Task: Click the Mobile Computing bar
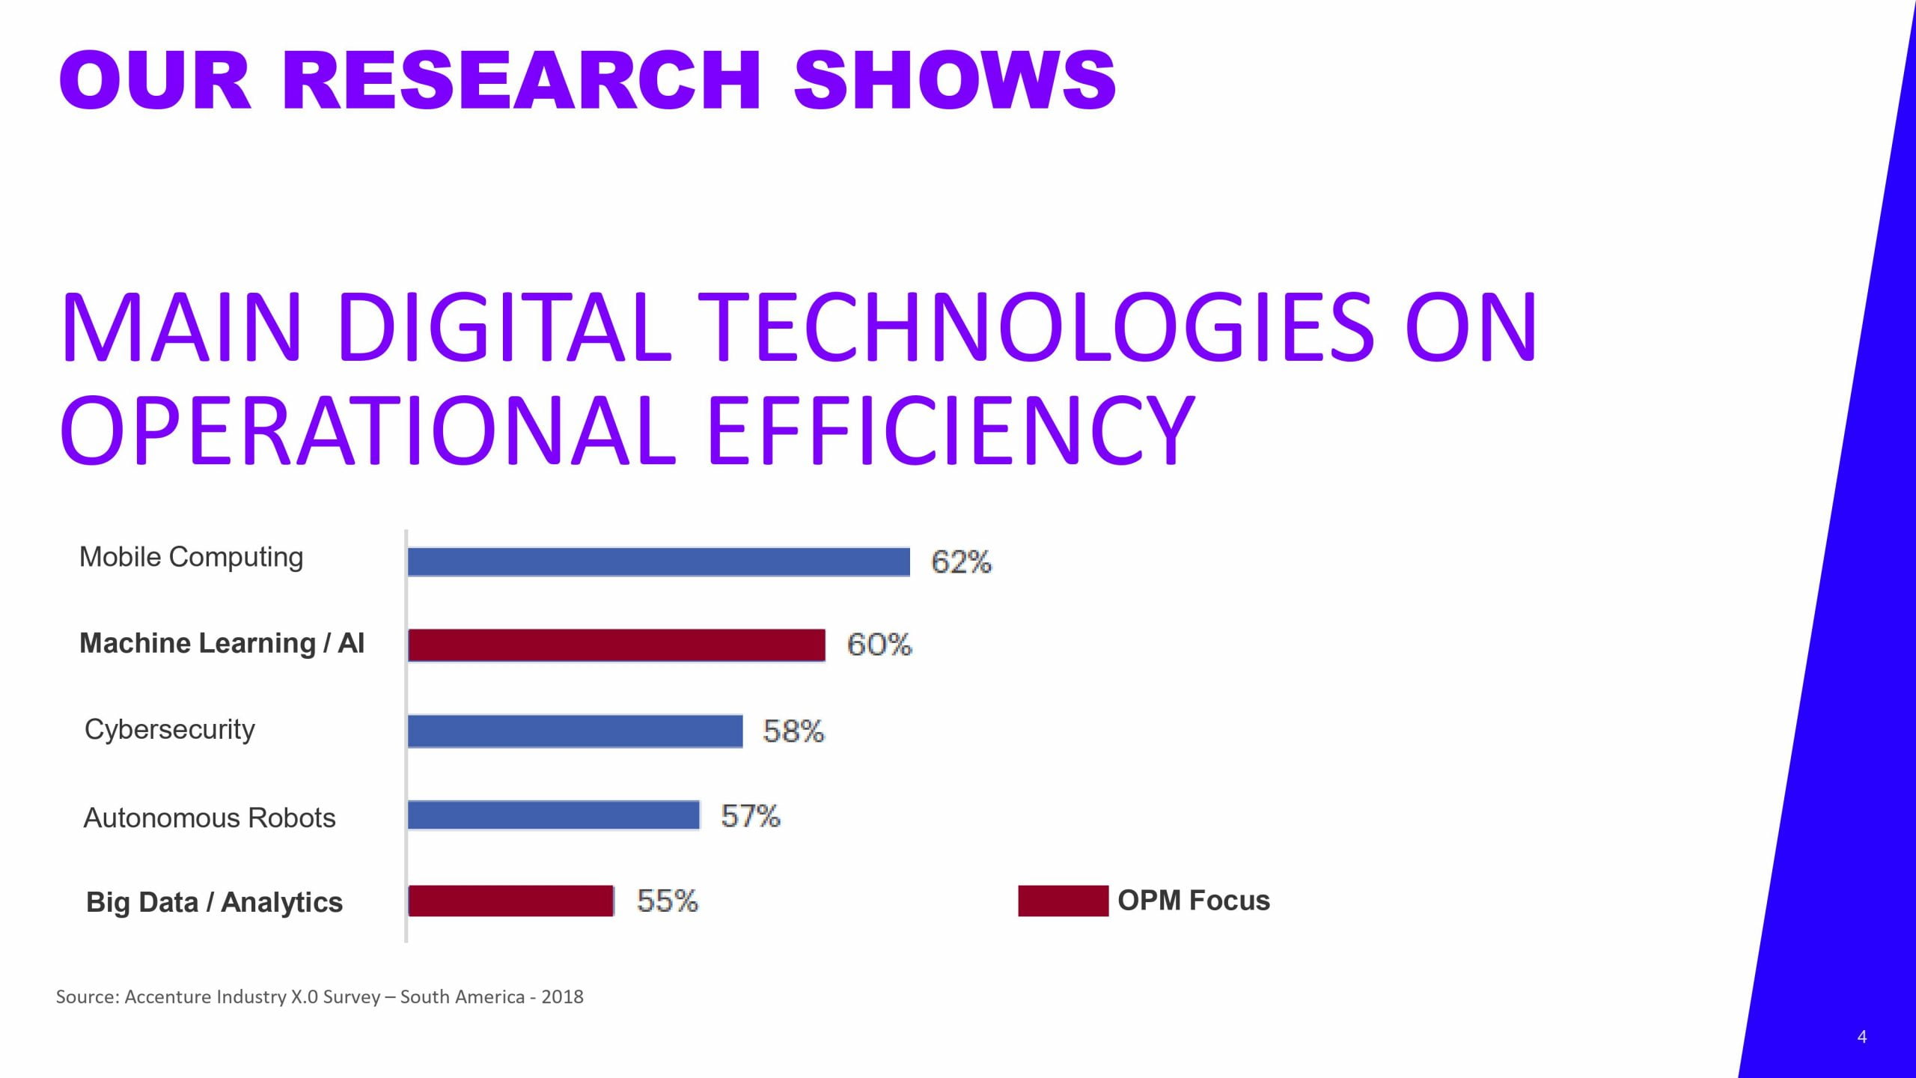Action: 659,562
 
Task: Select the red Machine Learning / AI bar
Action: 617,645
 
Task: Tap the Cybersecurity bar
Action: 575,731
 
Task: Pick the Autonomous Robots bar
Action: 553,815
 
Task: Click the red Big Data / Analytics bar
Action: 510,901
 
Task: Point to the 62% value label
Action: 961,562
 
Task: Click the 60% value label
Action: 879,645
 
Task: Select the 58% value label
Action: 793,731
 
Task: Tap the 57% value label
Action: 750,816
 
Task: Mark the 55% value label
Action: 667,901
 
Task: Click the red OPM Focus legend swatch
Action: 1063,901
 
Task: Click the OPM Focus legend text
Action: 1194,901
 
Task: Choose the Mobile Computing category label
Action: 191,558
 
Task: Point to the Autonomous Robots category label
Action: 210,818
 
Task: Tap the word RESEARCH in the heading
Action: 521,80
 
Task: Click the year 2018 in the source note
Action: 562,997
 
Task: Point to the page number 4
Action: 1862,1038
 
